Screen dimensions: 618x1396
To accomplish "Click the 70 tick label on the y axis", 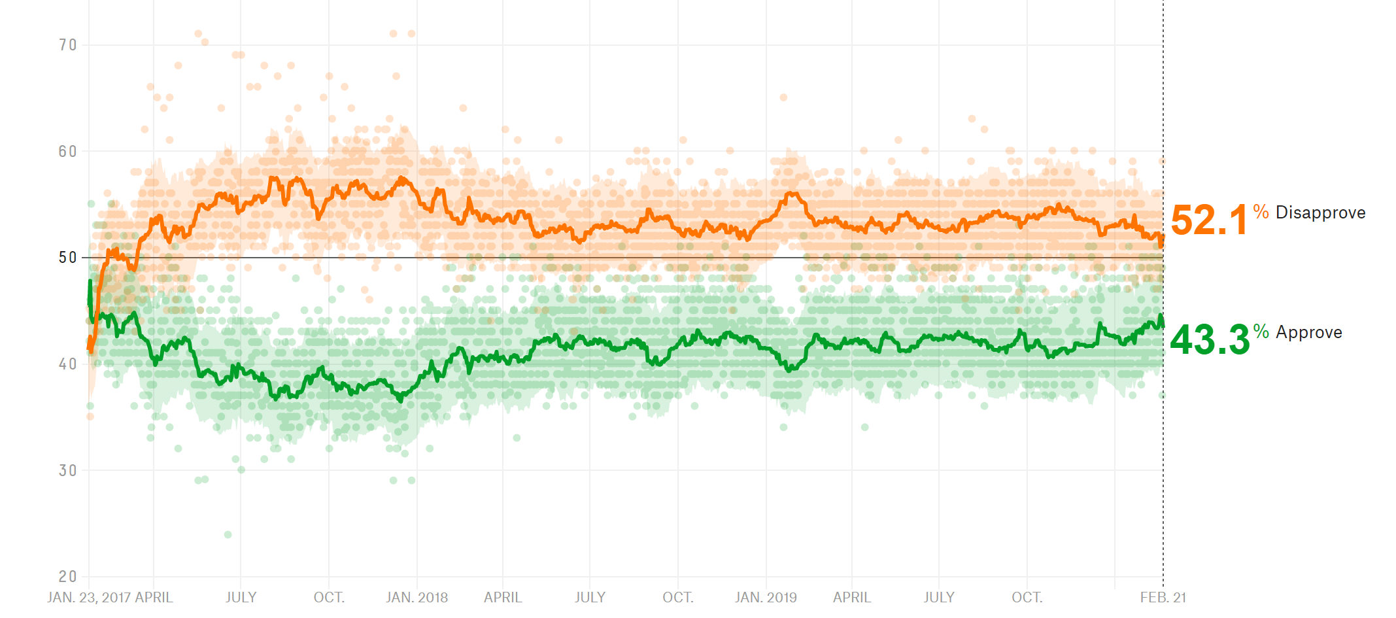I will click(x=67, y=45).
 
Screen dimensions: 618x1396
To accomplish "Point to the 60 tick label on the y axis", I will click(x=67, y=152).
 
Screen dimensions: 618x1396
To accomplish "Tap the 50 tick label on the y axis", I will click(x=67, y=258).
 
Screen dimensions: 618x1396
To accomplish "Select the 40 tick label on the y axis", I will click(x=67, y=364).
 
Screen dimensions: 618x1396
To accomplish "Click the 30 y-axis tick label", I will click(x=67, y=471).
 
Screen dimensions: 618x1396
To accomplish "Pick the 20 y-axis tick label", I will click(x=67, y=577).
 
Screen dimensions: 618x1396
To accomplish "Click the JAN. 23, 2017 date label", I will click(x=88, y=598).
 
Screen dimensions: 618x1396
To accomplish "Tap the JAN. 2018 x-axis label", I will click(x=417, y=598).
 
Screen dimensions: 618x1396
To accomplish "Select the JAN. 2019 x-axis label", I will click(x=766, y=598).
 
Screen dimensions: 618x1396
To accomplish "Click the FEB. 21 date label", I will click(x=1163, y=598).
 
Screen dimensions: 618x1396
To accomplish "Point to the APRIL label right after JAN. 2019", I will click(x=852, y=598).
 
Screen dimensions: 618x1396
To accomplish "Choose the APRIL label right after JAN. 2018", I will click(x=503, y=598).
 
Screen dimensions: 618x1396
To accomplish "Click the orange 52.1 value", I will click(x=1209, y=220).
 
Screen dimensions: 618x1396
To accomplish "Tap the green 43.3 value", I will click(x=1210, y=340).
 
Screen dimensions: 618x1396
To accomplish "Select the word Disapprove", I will click(x=1320, y=213).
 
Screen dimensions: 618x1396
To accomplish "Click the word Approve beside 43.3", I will click(x=1308, y=332).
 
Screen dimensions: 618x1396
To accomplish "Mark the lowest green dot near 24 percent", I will click(x=228, y=535).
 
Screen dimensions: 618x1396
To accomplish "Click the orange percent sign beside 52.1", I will click(x=1261, y=211).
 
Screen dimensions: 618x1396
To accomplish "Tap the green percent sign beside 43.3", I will click(x=1261, y=331).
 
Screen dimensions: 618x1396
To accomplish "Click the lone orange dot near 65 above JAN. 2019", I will click(x=783, y=97).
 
